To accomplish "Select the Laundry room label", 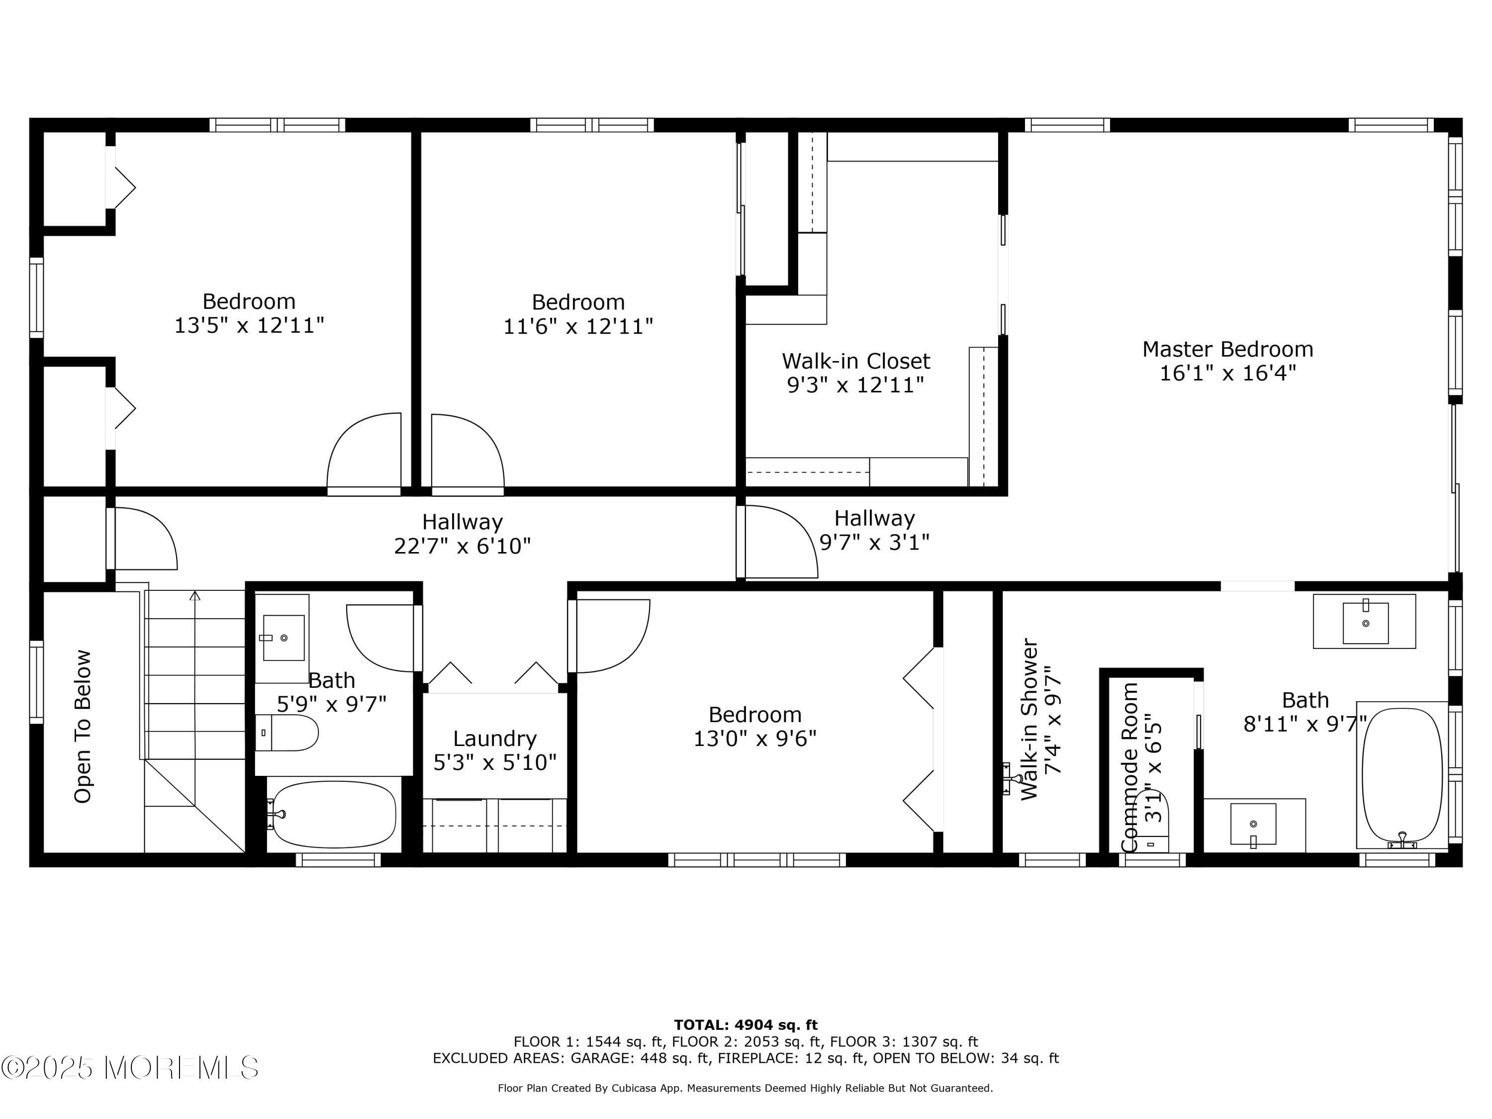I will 494,739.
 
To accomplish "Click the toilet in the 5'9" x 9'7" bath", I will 288,733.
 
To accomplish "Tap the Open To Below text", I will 82,727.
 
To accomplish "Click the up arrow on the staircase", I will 195,596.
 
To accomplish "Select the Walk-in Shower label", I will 1029,719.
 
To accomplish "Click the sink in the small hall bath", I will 283,638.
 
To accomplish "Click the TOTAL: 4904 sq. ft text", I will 746,1025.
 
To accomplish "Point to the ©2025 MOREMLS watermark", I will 129,1068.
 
